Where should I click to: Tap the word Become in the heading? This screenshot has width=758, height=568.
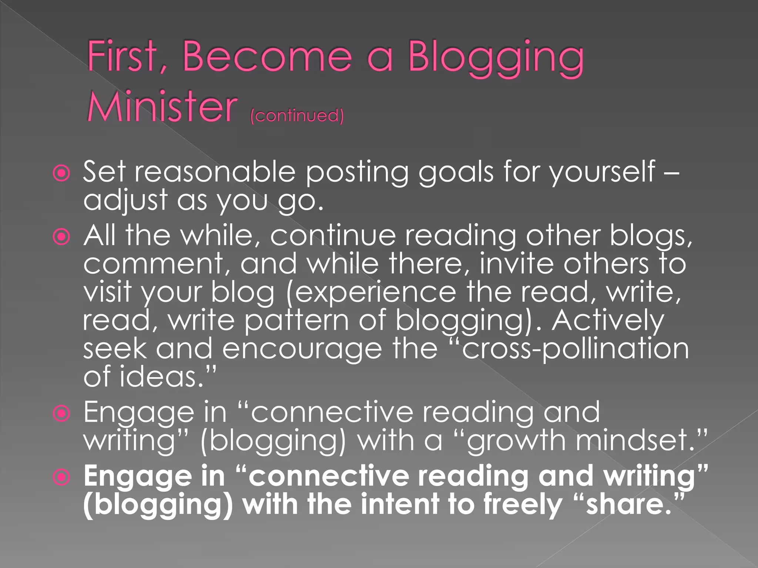[267, 56]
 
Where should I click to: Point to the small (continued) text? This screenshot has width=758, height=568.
[297, 115]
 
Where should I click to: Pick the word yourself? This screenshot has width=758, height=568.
[602, 172]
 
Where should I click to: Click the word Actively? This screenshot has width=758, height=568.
[608, 321]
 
